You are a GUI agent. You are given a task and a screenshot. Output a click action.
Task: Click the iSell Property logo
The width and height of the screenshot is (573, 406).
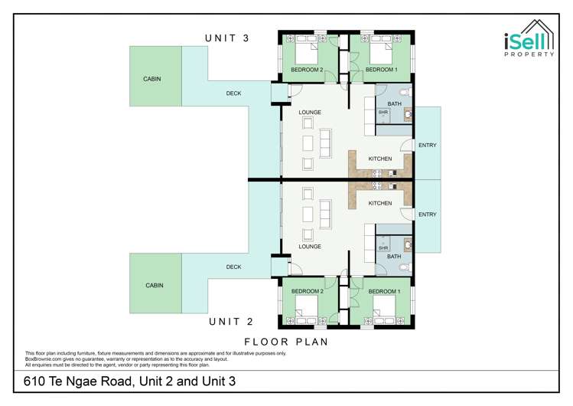526,47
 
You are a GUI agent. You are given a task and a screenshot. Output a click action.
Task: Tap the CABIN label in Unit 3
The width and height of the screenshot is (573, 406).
152,79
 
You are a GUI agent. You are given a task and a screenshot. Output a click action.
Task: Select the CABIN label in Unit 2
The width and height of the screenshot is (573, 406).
154,285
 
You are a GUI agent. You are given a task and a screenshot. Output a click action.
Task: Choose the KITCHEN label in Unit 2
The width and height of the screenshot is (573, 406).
380,203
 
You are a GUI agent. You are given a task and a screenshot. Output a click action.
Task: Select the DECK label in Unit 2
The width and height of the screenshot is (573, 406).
234,267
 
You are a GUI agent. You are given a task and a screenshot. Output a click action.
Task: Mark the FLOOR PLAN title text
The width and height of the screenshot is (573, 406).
286,342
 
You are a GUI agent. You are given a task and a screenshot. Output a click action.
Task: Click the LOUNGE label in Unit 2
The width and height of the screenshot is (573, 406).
309,247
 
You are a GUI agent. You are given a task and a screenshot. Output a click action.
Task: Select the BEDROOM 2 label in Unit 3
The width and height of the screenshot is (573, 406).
307,70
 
